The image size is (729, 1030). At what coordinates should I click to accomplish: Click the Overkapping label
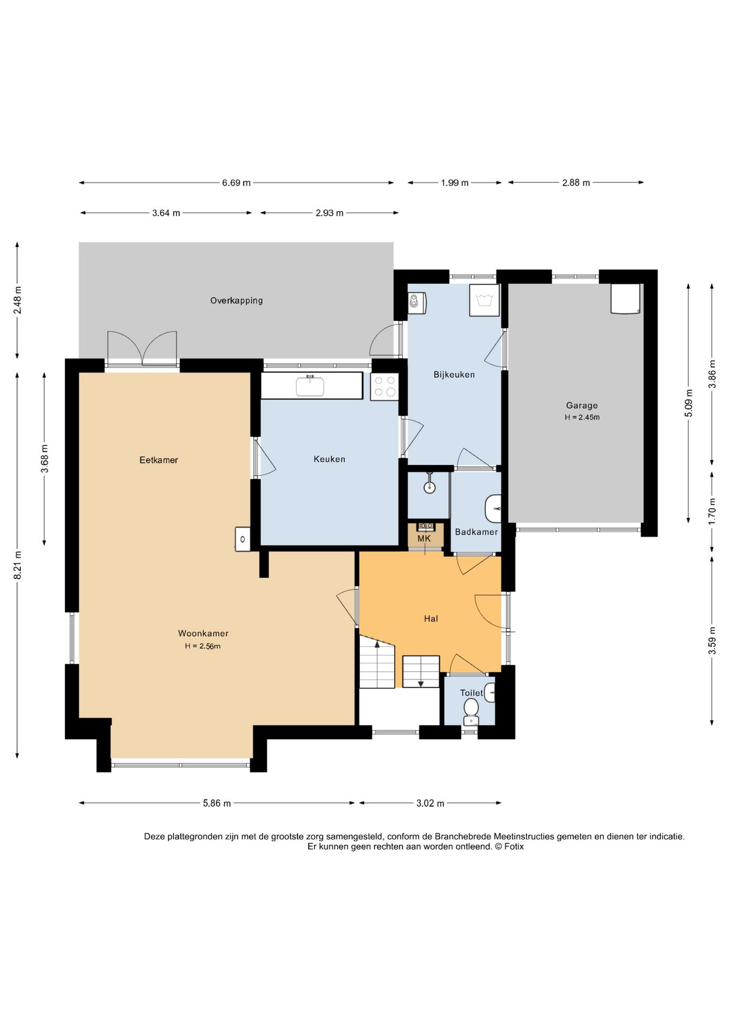pos(236,300)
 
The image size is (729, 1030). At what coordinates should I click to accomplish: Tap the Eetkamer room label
pos(158,460)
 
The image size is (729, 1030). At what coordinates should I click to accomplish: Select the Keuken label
pos(329,459)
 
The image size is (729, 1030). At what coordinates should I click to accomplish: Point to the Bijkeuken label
pos(454,374)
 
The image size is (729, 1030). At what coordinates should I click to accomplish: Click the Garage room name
pos(581,406)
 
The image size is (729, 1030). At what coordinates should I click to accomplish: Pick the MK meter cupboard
pos(425,535)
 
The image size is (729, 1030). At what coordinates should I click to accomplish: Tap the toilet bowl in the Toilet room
pos(471,711)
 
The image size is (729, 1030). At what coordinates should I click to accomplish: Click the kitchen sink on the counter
pos(310,386)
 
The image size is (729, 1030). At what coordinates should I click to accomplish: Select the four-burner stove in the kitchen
pos(384,386)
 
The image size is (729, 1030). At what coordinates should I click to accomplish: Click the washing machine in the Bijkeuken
pos(484,300)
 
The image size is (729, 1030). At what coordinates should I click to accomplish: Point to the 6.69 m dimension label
pos(236,183)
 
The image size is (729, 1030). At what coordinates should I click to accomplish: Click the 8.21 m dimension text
pos(17,565)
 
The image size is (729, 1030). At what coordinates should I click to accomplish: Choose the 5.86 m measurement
pos(217,803)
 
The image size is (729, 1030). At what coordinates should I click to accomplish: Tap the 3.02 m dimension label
pos(430,803)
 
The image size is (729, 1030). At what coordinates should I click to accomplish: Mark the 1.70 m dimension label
pos(712,511)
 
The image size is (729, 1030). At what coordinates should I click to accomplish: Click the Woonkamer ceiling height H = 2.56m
pos(203,646)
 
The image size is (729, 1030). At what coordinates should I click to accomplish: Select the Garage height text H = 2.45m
pos(582,417)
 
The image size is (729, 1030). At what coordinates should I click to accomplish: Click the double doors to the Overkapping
pos(142,349)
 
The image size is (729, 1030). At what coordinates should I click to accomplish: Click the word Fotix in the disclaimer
pos(514,846)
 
